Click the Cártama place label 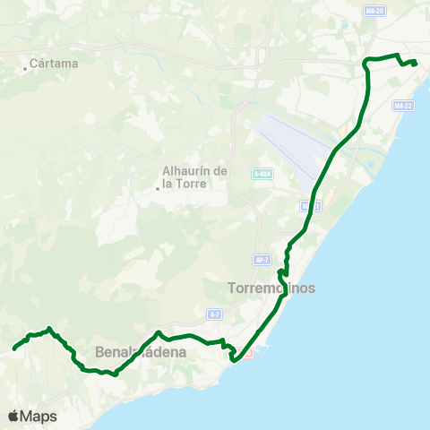pyautogui.click(x=54, y=64)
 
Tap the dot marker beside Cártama pyautogui.click(x=25, y=67)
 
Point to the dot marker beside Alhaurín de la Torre pyautogui.click(x=158, y=187)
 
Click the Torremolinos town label pyautogui.click(x=272, y=288)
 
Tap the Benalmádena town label pyautogui.click(x=141, y=352)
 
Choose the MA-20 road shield pyautogui.click(x=375, y=11)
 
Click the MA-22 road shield pyautogui.click(x=402, y=106)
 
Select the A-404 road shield pyautogui.click(x=262, y=175)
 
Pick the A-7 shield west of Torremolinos pyautogui.click(x=214, y=314)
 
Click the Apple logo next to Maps pyautogui.click(x=13, y=416)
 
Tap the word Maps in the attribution pyautogui.click(x=39, y=416)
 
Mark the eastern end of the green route pyautogui.click(x=415, y=63)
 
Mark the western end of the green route pyautogui.click(x=14, y=348)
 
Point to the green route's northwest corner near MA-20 pyautogui.click(x=365, y=61)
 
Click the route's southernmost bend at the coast pyautogui.click(x=234, y=360)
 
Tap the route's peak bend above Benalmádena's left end pyautogui.click(x=49, y=329)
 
